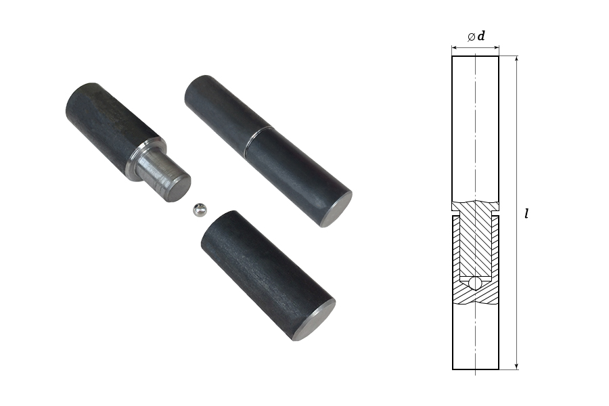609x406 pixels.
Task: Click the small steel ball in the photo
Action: click(x=200, y=210)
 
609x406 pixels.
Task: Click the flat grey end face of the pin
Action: click(x=179, y=188)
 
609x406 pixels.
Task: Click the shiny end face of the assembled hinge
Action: click(x=338, y=210)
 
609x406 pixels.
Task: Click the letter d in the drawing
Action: click(x=481, y=36)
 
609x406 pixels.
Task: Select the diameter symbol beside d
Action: click(x=471, y=37)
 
